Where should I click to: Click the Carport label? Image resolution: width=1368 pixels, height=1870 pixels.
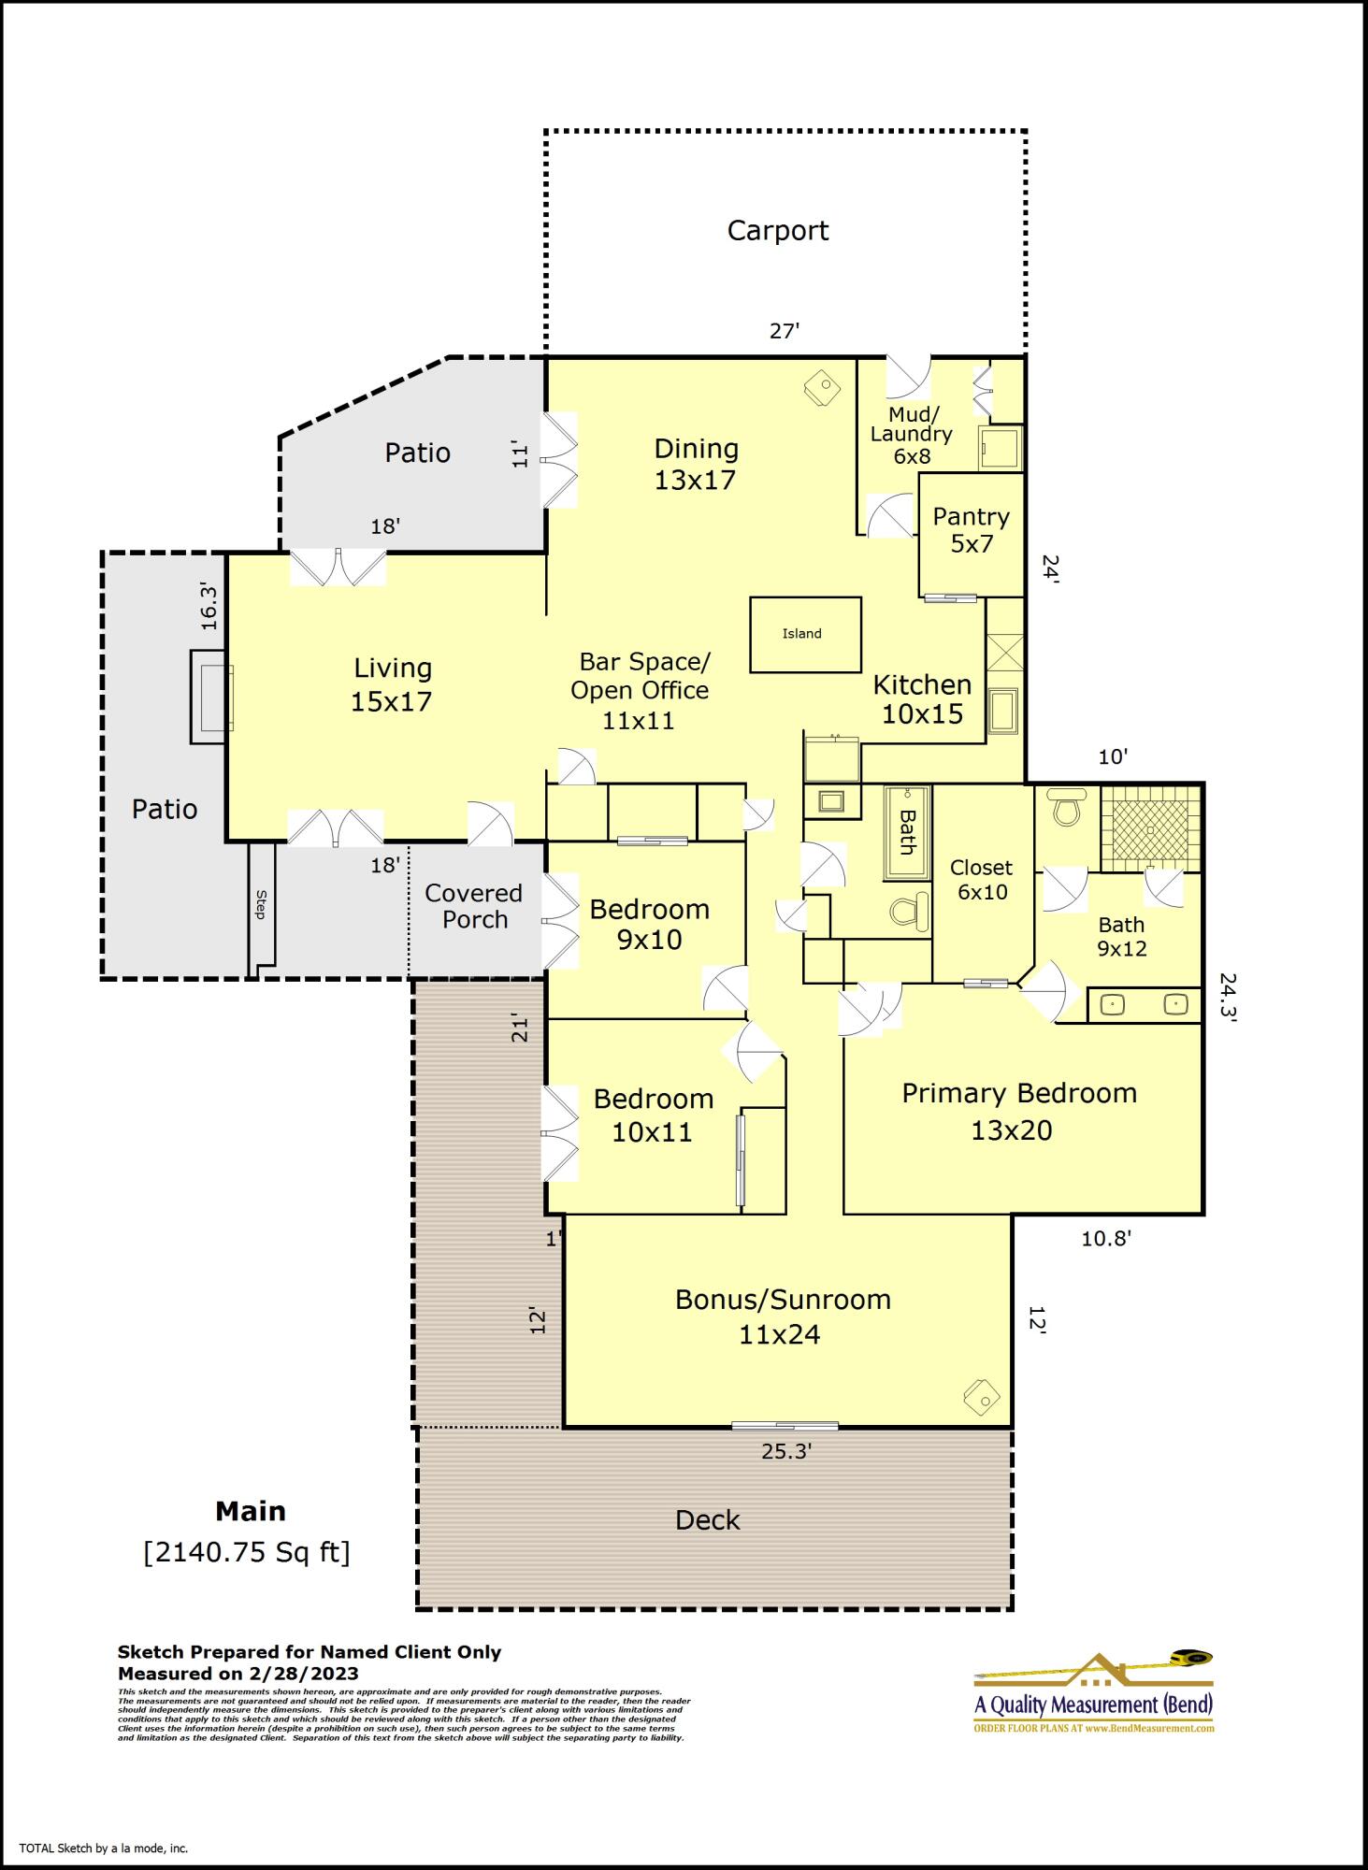[777, 231]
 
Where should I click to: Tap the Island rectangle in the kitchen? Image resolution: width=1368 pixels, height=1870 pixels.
[804, 634]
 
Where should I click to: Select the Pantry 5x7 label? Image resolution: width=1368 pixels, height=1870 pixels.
[971, 530]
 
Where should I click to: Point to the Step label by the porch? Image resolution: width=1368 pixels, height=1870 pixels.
[262, 904]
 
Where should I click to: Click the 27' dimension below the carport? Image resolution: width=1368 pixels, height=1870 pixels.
[784, 331]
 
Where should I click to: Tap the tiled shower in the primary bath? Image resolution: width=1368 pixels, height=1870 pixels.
[1149, 828]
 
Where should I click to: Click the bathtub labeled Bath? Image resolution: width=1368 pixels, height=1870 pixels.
[906, 832]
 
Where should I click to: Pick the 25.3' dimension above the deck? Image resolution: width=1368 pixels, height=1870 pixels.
[785, 1451]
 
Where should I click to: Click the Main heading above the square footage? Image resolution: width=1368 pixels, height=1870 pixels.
[251, 1511]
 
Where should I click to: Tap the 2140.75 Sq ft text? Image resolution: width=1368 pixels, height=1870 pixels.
[247, 1552]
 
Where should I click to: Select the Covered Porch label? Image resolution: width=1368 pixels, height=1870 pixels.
[474, 906]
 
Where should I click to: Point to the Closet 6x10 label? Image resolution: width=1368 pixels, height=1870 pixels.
[981, 880]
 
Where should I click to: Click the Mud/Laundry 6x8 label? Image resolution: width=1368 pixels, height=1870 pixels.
[911, 435]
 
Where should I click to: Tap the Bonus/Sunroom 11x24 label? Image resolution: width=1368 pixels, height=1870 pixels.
[782, 1316]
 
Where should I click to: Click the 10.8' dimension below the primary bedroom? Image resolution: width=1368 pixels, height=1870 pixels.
[1106, 1239]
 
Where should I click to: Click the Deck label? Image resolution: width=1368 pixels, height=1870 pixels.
[707, 1520]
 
